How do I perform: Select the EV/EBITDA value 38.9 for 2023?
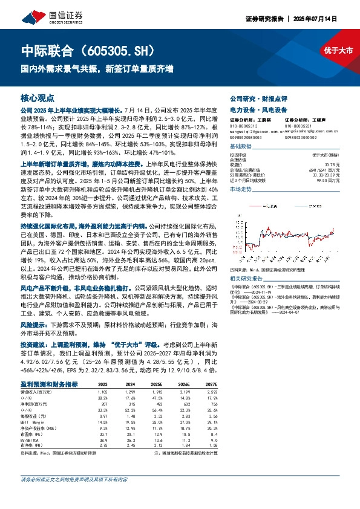tap(102, 441)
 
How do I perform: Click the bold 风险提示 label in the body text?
tap(36, 325)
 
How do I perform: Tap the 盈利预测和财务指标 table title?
tap(49, 383)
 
